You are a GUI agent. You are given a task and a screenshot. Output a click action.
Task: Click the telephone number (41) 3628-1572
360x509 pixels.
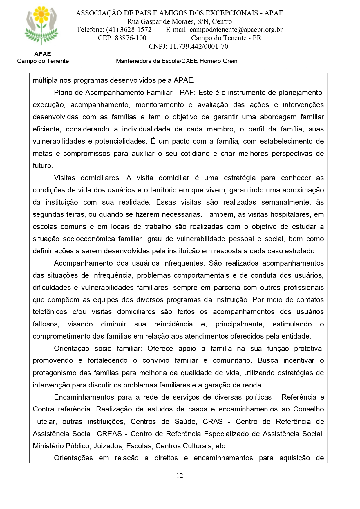pyautogui.click(x=129, y=30)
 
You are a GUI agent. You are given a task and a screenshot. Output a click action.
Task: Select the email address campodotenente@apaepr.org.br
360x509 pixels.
pyautogui.click(x=236, y=30)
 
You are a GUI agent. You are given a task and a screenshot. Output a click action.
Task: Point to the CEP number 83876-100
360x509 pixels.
pyautogui.click(x=131, y=38)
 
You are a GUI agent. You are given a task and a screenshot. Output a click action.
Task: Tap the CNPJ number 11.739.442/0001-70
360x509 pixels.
pyautogui.click(x=199, y=46)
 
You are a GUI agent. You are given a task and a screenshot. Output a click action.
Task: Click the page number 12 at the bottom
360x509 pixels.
pyautogui.click(x=180, y=476)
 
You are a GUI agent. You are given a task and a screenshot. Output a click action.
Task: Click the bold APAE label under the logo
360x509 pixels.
pyautogui.click(x=42, y=54)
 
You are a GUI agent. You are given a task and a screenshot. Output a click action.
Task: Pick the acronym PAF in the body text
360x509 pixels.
pyautogui.click(x=186, y=93)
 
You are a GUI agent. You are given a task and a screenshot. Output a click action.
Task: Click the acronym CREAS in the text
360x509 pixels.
pyautogui.click(x=109, y=434)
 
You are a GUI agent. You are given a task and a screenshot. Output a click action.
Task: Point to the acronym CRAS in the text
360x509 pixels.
pyautogui.click(x=213, y=422)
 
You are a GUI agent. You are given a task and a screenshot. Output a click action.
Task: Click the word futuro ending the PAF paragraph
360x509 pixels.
pyautogui.click(x=42, y=166)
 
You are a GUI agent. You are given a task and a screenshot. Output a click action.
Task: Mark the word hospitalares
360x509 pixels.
pyautogui.click(x=291, y=214)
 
